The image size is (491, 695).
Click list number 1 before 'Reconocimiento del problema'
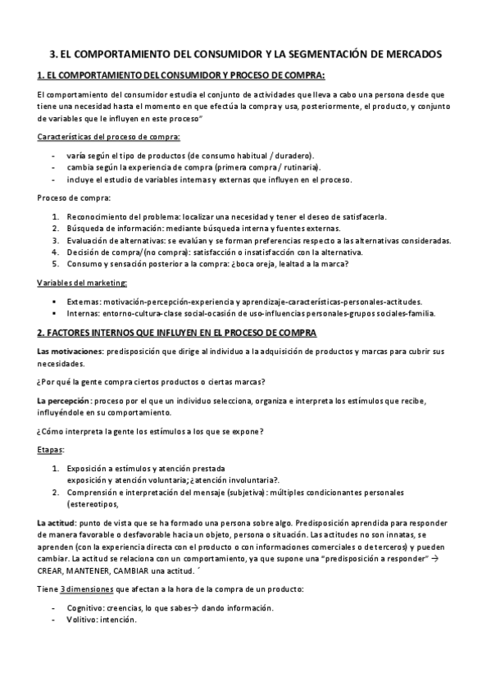tap(55, 216)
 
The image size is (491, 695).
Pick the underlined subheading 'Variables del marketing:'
tap(82, 283)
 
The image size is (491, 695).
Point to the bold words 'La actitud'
tap(57, 522)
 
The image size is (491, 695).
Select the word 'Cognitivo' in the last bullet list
tap(84, 608)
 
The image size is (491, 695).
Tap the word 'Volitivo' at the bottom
tap(81, 620)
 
